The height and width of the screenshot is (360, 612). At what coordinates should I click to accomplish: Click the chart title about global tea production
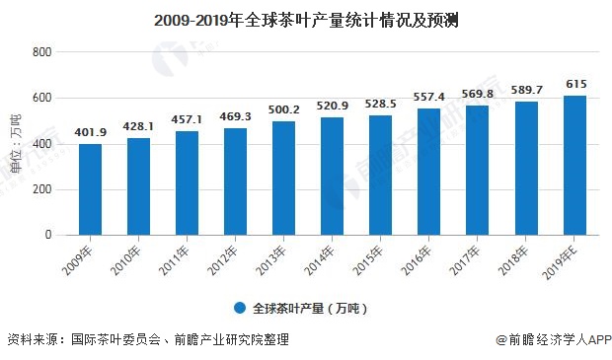pos(305,19)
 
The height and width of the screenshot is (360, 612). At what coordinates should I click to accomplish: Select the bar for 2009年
pos(91,189)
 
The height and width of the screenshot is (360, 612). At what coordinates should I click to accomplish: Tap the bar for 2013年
pos(284,179)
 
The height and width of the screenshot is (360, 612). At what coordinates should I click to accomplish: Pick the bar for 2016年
pos(429,172)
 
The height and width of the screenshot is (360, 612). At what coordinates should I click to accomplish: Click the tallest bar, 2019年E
pos(574,165)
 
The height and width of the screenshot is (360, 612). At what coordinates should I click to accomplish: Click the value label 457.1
pos(188,120)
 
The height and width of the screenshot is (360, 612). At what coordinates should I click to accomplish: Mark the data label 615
pos(574,85)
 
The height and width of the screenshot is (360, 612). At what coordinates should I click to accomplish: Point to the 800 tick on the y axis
pos(41,52)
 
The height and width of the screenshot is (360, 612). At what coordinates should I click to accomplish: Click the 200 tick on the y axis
pos(41,189)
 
